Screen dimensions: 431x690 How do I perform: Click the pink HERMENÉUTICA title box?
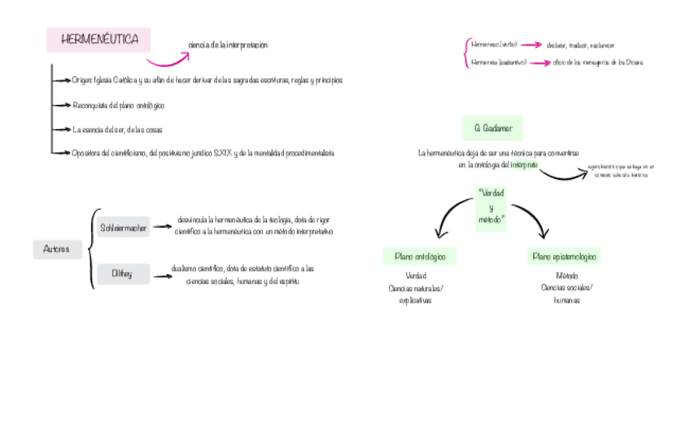coord(99,40)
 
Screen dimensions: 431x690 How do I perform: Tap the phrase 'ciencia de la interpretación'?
coord(227,46)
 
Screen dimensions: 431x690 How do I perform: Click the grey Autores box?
coord(57,249)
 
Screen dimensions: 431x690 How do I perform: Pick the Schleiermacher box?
coord(123,229)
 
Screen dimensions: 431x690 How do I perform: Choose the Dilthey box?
coord(122,274)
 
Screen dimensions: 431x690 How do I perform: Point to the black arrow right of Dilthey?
coord(160,275)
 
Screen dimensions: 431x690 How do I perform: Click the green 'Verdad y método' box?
coord(491,207)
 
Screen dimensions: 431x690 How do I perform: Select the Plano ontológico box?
coord(420,257)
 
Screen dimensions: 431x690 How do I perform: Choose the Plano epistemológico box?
coord(565,257)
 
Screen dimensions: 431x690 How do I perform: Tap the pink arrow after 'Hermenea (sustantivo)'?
coord(539,62)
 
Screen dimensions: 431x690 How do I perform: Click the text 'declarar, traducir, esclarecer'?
coord(581,46)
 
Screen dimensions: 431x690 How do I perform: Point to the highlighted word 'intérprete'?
coord(524,164)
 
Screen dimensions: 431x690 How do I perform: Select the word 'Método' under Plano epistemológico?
coord(566,276)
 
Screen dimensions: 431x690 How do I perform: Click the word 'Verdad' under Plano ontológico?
coord(415,276)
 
